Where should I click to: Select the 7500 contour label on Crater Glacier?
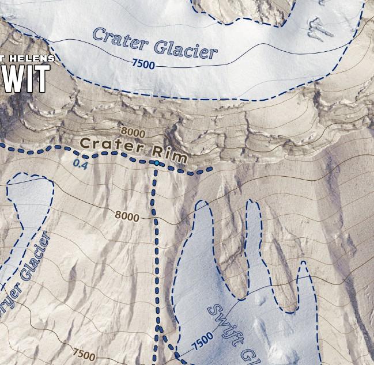(x=143, y=64)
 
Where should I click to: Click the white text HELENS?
(x=33, y=58)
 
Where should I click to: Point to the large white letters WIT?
(x=23, y=79)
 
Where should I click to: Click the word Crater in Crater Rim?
(x=110, y=144)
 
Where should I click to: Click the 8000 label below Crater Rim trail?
(x=127, y=216)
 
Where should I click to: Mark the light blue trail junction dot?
(x=156, y=164)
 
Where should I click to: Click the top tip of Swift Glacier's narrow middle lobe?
(x=251, y=201)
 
